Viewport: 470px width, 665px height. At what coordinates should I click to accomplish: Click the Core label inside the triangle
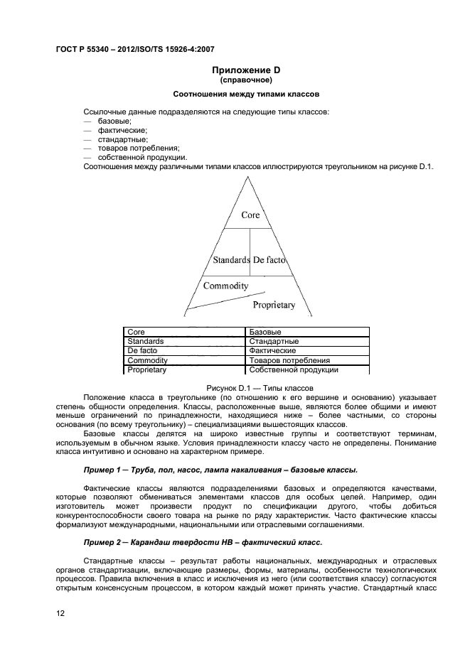click(250, 215)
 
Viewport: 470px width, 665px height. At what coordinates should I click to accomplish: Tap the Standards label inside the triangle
click(231, 260)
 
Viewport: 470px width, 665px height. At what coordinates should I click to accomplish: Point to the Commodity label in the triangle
click(225, 286)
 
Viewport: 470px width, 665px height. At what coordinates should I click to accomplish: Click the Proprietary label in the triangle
click(274, 305)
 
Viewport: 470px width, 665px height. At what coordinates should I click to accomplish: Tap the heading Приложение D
click(246, 70)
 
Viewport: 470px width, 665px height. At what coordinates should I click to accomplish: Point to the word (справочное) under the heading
click(246, 80)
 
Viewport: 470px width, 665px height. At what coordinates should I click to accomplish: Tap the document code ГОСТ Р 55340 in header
click(92, 49)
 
